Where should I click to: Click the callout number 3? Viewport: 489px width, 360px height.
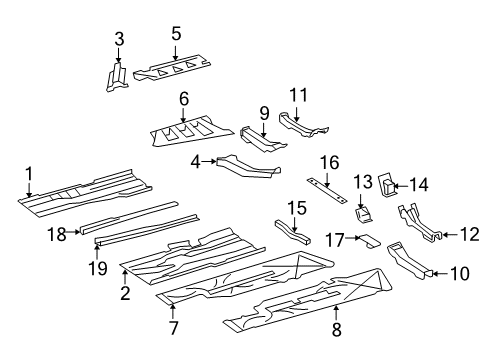click(x=119, y=39)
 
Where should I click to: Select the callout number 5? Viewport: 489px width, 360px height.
click(x=176, y=34)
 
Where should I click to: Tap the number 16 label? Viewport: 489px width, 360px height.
click(x=330, y=163)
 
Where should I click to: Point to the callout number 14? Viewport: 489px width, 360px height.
click(x=418, y=185)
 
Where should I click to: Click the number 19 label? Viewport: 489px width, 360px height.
click(x=98, y=268)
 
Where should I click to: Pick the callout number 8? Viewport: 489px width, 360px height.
click(x=337, y=329)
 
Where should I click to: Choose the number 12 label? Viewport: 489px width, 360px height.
click(x=470, y=235)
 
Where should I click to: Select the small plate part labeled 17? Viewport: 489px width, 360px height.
click(x=369, y=241)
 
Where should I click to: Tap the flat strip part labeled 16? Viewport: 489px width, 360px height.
click(x=327, y=190)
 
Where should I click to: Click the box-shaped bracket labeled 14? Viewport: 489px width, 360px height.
click(x=387, y=185)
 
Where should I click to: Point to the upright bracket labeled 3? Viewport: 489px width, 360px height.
click(x=117, y=77)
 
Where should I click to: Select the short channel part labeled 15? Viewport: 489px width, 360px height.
click(x=292, y=232)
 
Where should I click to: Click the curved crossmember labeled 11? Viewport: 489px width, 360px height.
click(x=302, y=126)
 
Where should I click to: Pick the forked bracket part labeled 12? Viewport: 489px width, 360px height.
click(x=420, y=223)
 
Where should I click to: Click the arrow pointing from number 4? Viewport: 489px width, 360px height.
click(x=209, y=161)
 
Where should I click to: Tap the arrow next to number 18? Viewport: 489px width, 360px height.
click(x=74, y=232)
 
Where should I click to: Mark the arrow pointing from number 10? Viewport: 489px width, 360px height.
click(x=441, y=274)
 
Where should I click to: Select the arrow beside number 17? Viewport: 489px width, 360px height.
click(x=353, y=238)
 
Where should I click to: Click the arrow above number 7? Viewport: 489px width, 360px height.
click(x=172, y=311)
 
